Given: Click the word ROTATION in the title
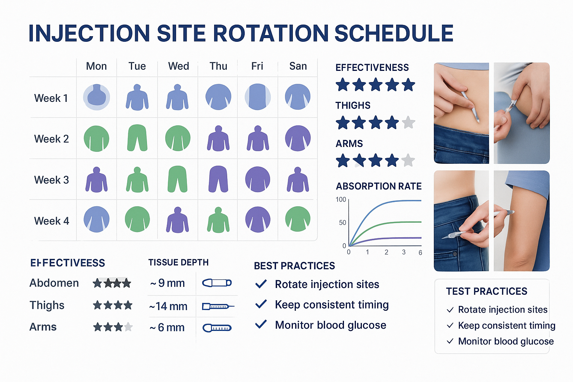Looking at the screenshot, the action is coord(270,33).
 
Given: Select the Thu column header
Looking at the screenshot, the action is coord(218,66).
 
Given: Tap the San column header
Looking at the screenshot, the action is coord(298,66).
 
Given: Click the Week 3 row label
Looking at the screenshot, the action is coord(51,180).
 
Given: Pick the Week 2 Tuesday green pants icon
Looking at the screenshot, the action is coord(137,138).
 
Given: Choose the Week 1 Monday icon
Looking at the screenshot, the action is coord(97,97).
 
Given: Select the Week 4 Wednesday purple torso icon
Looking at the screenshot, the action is coord(178,220).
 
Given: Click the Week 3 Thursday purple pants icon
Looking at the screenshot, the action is coord(218,179).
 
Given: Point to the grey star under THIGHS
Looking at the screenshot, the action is coord(408,122).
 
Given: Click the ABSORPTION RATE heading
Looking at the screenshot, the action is coord(379,186).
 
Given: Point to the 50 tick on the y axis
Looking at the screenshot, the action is coord(342,223).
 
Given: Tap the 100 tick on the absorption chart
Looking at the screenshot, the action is coord(341,200).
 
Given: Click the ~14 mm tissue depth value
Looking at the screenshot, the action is coord(168,306).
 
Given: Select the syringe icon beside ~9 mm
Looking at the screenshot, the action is coord(217,283).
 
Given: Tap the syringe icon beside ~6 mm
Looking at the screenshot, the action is coord(217,328).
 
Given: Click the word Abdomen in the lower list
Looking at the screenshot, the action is coord(54,283).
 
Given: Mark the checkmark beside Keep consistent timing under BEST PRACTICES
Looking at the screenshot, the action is coord(261,304).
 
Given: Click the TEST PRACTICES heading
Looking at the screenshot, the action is coord(486,291).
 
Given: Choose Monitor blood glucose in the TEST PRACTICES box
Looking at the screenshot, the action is coord(506,341).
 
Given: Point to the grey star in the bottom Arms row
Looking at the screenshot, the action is coord(128,327).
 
